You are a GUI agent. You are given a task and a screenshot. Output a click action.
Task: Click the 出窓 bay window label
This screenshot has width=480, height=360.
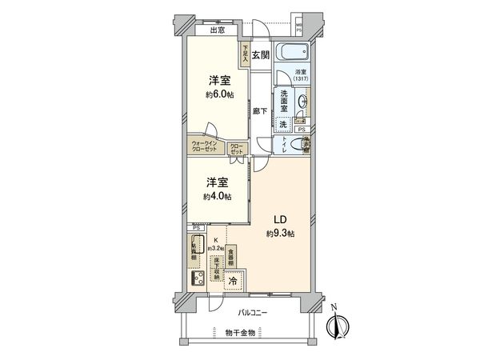coord(217,30)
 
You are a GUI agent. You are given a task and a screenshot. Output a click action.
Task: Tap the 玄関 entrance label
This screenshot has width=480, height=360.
coord(259,55)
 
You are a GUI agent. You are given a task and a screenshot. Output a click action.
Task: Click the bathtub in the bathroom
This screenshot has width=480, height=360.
coord(293,54)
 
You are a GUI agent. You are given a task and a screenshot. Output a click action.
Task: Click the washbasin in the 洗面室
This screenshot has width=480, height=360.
coord(298,102)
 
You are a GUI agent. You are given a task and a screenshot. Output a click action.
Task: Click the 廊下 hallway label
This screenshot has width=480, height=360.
coord(259,112)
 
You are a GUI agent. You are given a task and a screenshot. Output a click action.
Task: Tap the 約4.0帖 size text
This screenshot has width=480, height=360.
coord(217,196)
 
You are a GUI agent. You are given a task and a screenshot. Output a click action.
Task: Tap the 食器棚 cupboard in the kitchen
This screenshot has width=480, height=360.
coord(230,256)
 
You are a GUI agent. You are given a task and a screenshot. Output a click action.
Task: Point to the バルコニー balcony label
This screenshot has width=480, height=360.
coord(251,313)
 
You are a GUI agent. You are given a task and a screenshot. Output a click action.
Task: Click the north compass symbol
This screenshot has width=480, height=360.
coord(339,324)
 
